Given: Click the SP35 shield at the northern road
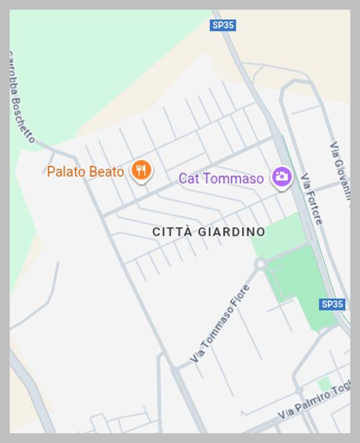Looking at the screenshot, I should click(223, 25).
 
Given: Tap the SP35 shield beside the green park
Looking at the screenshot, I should click(332, 304).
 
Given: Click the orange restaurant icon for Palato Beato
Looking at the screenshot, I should click(142, 170).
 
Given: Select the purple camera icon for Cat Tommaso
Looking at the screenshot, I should click(282, 177).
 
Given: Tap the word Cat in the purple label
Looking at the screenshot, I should click(188, 178).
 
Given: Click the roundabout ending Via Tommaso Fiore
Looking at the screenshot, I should click(260, 264).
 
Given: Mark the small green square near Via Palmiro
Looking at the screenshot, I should click(324, 385).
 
